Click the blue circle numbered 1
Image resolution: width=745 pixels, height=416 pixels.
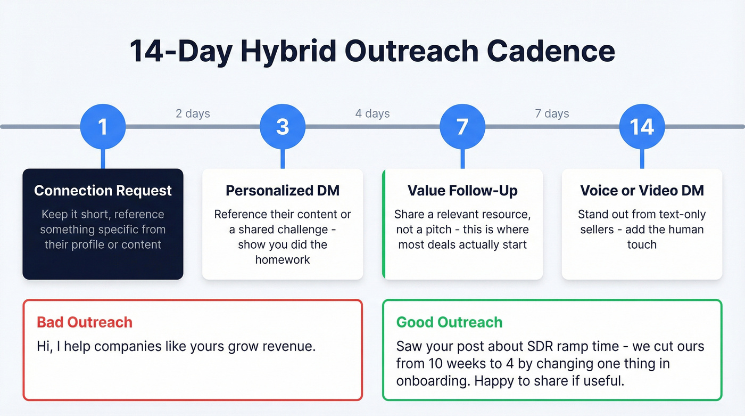(x=103, y=127)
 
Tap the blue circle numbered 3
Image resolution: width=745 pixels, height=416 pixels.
(x=283, y=127)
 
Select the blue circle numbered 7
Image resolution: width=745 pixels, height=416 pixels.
(x=462, y=127)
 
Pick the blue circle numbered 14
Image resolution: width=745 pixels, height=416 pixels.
(x=642, y=127)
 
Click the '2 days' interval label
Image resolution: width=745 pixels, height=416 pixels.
(x=193, y=113)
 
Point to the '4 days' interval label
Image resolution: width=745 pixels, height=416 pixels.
(x=372, y=113)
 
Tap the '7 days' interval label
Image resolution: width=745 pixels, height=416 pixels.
(x=552, y=113)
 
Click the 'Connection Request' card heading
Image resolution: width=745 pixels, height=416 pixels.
(x=103, y=191)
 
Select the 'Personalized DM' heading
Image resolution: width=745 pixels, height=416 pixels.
(x=283, y=191)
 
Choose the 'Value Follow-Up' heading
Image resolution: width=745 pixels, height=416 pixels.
(x=462, y=191)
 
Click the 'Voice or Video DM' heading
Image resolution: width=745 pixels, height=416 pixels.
(x=642, y=191)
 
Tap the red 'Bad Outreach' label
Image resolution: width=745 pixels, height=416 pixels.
(x=85, y=322)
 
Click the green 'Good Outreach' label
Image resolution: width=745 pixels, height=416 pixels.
(x=449, y=322)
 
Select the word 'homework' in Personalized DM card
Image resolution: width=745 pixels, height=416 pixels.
(x=283, y=260)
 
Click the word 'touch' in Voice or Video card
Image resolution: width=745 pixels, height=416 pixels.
(x=642, y=244)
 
